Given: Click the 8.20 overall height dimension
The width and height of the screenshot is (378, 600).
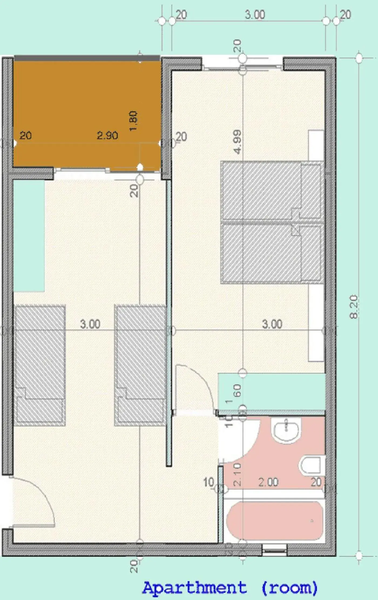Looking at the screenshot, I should [353, 307].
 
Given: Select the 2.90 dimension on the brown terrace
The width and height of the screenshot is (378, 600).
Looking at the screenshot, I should [107, 135].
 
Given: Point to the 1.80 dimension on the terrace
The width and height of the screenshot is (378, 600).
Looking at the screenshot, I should [133, 121].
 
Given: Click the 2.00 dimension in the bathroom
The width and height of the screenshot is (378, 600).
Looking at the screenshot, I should [268, 482].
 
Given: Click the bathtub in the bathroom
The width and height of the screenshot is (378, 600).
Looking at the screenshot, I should [275, 520].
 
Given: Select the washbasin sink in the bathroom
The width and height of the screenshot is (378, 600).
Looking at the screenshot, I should [287, 429].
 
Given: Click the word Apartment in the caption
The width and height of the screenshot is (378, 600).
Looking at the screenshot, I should [194, 587].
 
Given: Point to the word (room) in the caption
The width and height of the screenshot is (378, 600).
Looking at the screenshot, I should [289, 587].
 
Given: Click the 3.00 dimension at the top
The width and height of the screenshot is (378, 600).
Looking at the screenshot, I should [255, 15].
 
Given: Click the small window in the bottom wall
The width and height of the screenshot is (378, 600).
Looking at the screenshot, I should [274, 550].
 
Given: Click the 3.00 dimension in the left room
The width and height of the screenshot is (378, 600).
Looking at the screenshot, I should [90, 324].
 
